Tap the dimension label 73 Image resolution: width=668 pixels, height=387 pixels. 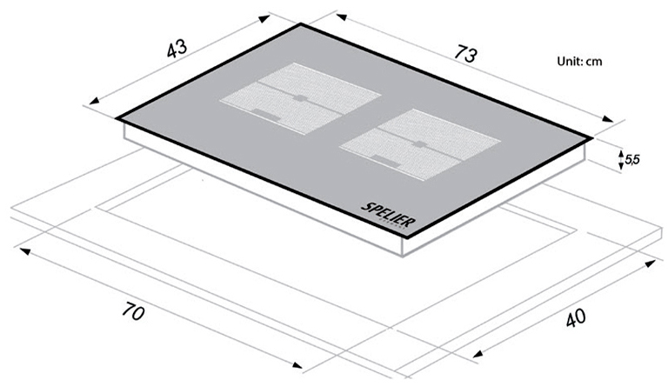coord(464,54)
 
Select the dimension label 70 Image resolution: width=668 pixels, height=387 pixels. coord(133,310)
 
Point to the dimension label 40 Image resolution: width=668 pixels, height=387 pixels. coord(576,318)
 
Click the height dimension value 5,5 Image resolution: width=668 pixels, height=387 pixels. coord(632,160)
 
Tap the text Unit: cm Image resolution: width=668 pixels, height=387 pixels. coord(579,61)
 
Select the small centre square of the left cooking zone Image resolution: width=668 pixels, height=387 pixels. coord(300,98)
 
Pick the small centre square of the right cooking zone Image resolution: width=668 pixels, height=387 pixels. coord(419,143)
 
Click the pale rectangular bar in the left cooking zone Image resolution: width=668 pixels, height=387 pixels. coord(267,114)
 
